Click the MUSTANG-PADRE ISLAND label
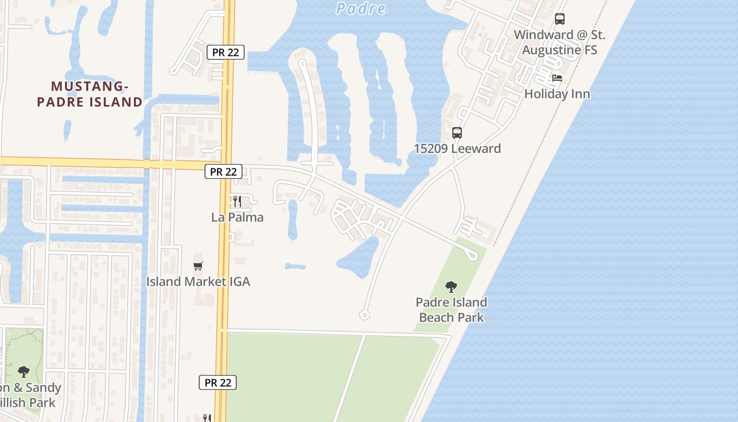point(90,94)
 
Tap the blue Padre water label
point(361,8)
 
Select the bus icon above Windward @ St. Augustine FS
point(560,20)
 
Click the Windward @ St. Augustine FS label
point(560,42)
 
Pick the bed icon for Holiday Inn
point(557,78)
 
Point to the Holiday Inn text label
point(557,94)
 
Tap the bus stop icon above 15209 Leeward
point(457,133)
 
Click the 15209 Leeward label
point(457,149)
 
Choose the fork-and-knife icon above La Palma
point(237,202)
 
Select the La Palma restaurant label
point(237,217)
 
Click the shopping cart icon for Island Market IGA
point(198,266)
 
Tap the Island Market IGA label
point(198,282)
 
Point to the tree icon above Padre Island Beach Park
point(451,287)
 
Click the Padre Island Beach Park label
point(451,310)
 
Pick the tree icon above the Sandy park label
point(23,372)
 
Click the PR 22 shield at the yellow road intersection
point(224,171)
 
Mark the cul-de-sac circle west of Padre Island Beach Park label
point(364,315)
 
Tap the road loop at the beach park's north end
point(472,256)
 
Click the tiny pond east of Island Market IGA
point(295,266)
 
